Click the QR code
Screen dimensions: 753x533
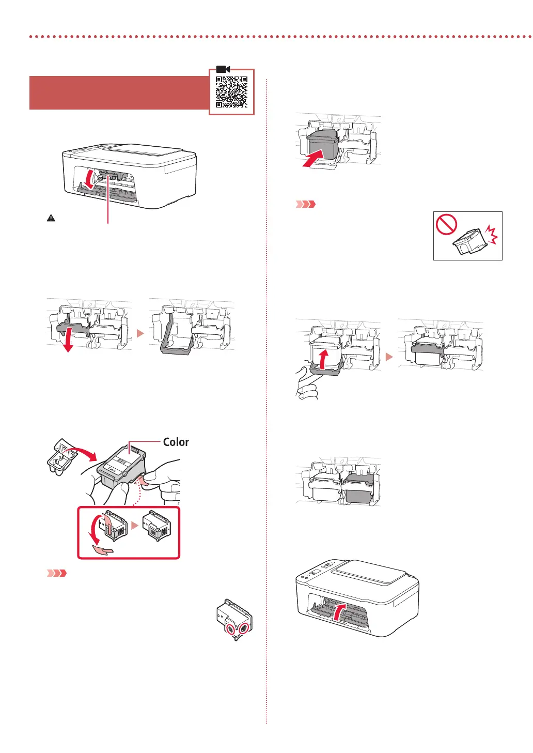click(x=231, y=92)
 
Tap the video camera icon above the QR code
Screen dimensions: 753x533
click(x=223, y=69)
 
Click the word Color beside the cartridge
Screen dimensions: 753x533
click(x=176, y=442)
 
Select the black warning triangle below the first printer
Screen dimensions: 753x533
click(x=51, y=219)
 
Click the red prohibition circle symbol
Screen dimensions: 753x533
click(x=446, y=225)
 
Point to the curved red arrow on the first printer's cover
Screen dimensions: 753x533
click(x=90, y=180)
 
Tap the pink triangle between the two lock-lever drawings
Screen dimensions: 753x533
click(x=140, y=333)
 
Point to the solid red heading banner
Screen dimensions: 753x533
click(x=119, y=93)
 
